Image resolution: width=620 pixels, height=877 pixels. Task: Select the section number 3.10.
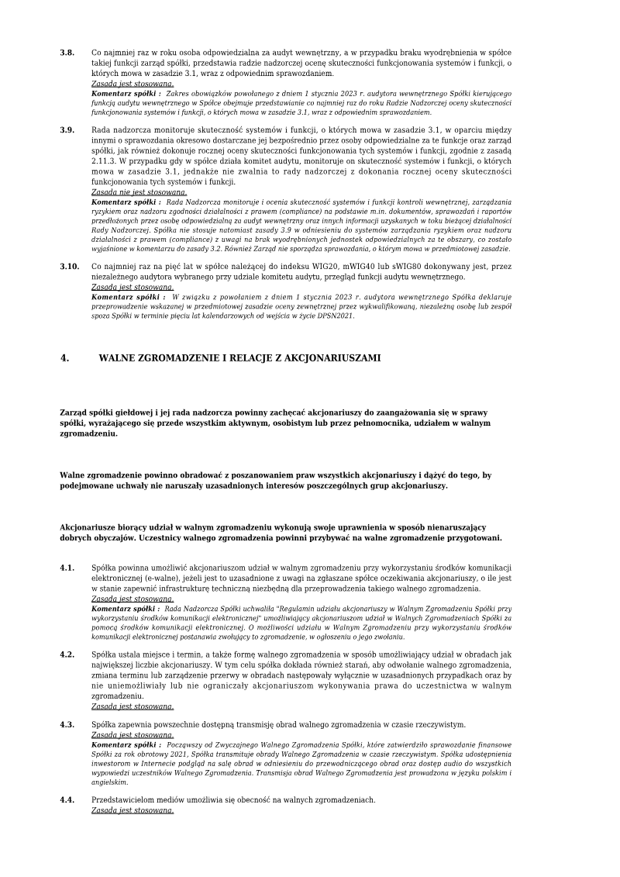pos(70,266)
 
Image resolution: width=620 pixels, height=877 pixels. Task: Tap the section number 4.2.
pos(67,654)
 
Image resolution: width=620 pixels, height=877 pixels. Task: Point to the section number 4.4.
pos(67,799)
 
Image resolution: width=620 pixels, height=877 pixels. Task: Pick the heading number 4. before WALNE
pos(65,358)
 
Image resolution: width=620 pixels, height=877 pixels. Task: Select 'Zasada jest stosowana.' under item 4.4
pos(133,810)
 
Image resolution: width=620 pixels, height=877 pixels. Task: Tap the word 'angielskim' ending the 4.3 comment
pos(109,782)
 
